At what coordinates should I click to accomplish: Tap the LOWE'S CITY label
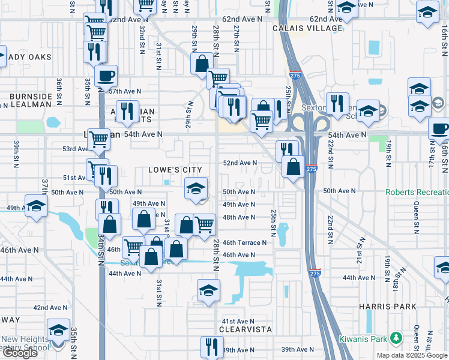click(176, 170)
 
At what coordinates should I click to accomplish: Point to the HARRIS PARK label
click(387, 307)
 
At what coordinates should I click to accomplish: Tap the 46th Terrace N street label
click(244, 243)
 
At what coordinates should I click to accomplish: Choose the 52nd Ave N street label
click(240, 163)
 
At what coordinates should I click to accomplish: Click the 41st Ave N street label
click(239, 321)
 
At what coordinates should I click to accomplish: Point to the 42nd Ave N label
click(50, 307)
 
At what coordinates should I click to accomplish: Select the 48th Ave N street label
click(239, 217)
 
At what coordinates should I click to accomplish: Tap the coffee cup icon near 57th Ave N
click(106, 76)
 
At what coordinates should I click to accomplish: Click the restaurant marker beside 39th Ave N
click(211, 347)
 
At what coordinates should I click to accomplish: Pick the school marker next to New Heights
click(58, 331)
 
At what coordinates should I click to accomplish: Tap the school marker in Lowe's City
click(196, 189)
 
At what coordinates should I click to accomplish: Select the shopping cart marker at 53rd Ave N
click(98, 140)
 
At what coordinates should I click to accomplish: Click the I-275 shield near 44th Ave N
click(316, 273)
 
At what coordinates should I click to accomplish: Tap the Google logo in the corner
click(20, 353)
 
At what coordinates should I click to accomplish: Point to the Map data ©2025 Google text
click(412, 355)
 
